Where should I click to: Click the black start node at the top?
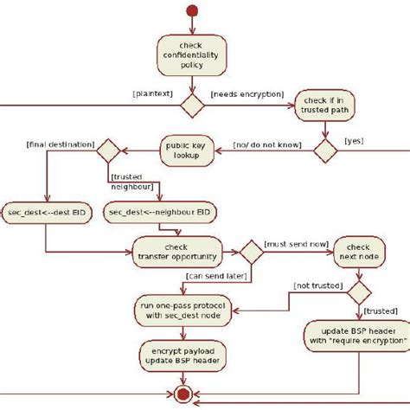pyautogui.click(x=192, y=10)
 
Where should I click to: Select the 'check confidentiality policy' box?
pyautogui.click(x=191, y=56)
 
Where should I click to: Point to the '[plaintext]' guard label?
pyautogui.click(x=152, y=90)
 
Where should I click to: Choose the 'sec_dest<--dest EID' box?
pyautogui.click(x=43, y=210)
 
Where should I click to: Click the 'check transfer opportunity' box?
pyautogui.click(x=176, y=251)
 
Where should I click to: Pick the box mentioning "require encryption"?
pyautogui.click(x=355, y=336)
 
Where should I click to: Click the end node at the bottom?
pyautogui.click(x=182, y=395)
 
